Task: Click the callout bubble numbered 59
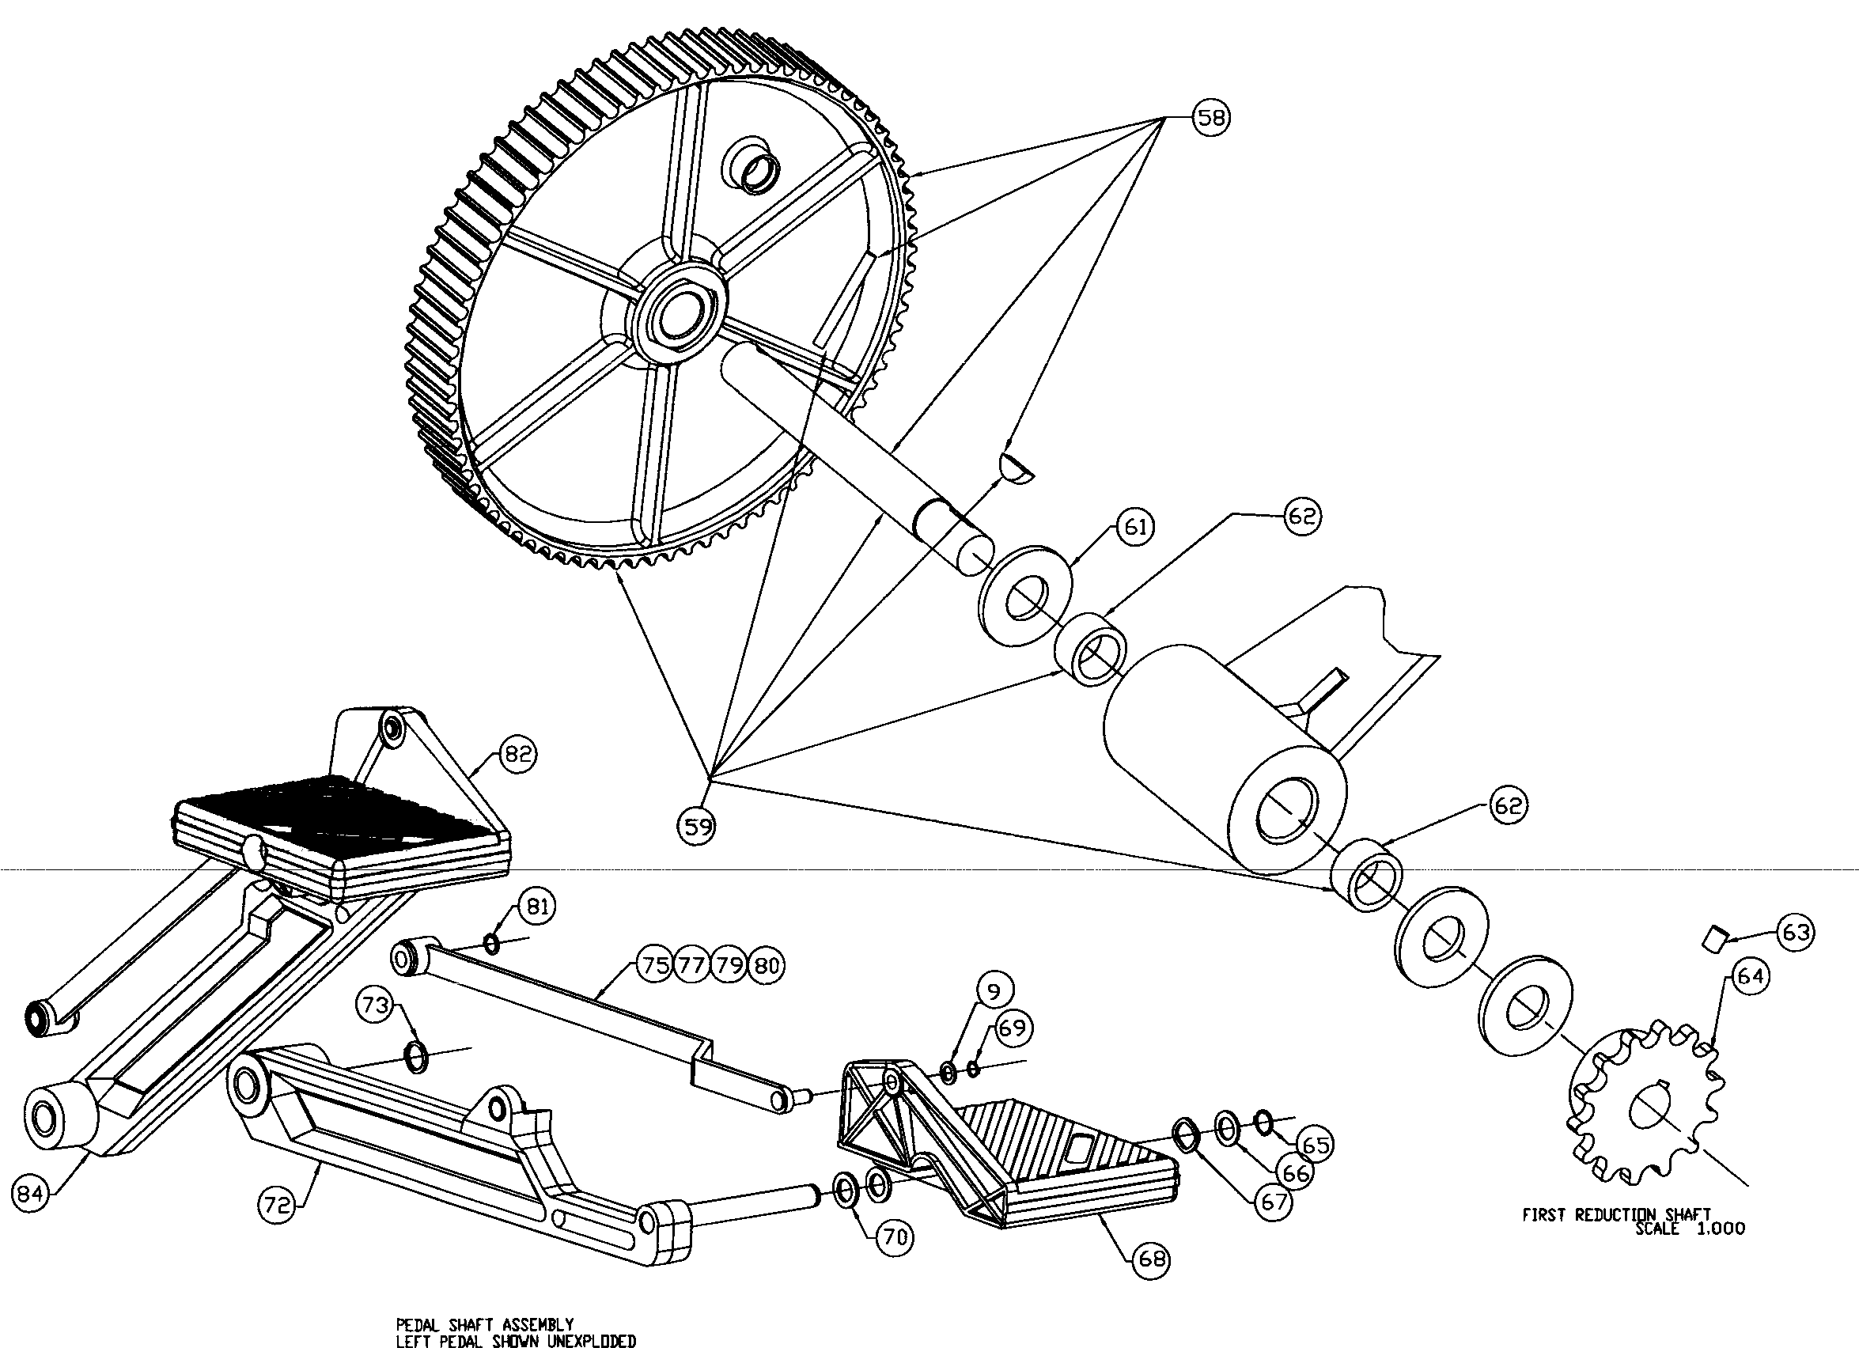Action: tap(696, 826)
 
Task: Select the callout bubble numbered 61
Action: tap(1134, 528)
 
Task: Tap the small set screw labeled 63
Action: tap(1715, 938)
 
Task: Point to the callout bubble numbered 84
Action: tap(30, 1194)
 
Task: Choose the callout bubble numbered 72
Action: tap(278, 1206)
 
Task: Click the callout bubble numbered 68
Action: tap(1151, 1259)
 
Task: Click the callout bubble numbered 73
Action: tap(376, 1005)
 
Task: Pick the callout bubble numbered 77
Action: tap(692, 966)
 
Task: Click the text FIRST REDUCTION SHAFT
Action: tap(1615, 1215)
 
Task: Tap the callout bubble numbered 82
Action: tap(517, 754)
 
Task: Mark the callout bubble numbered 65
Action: tap(1315, 1145)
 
